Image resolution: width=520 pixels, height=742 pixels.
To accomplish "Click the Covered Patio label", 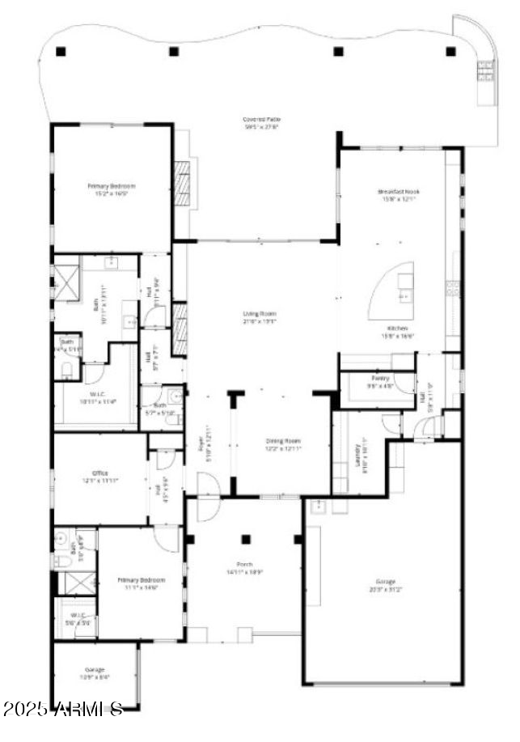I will [x=261, y=123].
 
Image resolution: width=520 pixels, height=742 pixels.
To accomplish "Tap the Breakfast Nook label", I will [x=399, y=195].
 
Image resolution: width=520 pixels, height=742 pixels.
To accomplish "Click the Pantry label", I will [x=381, y=381].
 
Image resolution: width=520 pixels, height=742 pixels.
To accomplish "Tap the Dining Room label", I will [x=284, y=444].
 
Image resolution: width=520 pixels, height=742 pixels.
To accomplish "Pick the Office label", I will [x=100, y=477].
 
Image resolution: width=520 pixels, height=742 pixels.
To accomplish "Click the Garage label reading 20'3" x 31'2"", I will [x=385, y=584].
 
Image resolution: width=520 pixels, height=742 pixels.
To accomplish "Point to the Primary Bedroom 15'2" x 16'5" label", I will [x=112, y=189].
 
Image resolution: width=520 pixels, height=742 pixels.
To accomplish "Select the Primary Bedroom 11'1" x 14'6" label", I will [x=142, y=583].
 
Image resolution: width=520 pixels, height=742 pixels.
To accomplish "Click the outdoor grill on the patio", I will [x=485, y=72].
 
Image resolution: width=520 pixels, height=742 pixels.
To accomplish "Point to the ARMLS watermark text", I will [x=63, y=710].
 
